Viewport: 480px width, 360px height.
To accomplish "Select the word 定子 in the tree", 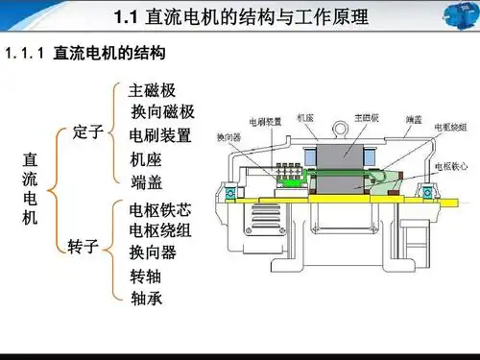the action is click(86, 132).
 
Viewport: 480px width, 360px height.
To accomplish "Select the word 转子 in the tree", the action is click(84, 247).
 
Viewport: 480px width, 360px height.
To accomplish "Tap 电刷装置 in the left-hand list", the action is click(159, 134).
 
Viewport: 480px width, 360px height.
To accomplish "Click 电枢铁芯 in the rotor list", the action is click(159, 208).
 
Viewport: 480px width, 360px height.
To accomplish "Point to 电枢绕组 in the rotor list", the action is click(159, 230).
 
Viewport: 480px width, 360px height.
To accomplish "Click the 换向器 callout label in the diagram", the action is click(229, 136).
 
